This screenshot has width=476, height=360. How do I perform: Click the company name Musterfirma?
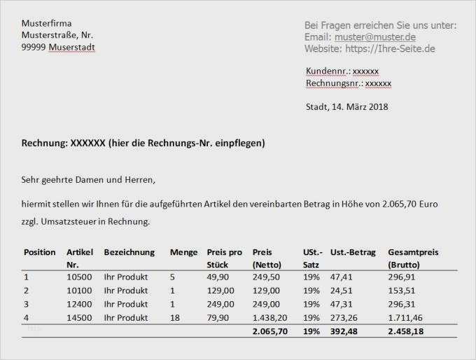[x=47, y=23]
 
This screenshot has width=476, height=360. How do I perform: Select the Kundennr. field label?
[x=327, y=71]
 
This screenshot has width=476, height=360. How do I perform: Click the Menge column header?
[x=183, y=252]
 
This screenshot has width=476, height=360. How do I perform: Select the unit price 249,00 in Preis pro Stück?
[x=220, y=305]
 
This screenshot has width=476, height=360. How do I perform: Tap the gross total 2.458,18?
[x=406, y=331]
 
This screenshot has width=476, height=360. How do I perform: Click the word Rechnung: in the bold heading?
[x=45, y=144]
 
